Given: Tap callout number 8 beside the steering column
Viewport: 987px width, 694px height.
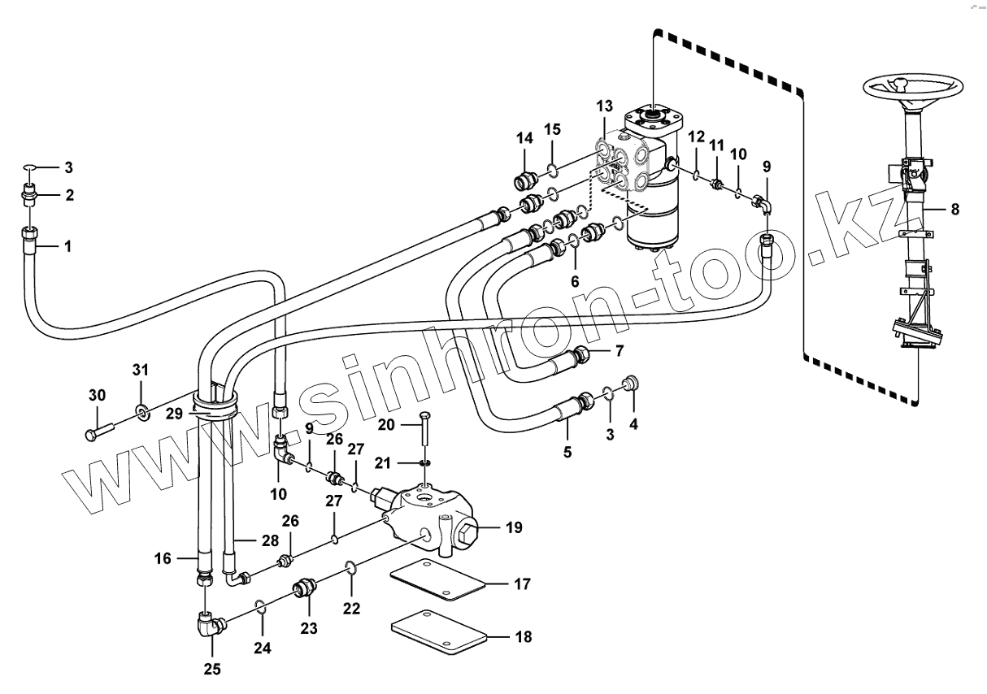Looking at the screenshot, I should click(x=954, y=209).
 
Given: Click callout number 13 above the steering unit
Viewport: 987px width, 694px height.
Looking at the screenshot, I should click(x=603, y=106).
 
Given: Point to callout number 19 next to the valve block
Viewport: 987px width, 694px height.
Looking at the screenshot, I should click(x=513, y=528).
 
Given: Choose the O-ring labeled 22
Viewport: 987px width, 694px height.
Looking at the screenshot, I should click(x=350, y=567).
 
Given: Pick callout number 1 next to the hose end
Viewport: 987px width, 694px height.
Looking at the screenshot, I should click(x=67, y=245).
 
